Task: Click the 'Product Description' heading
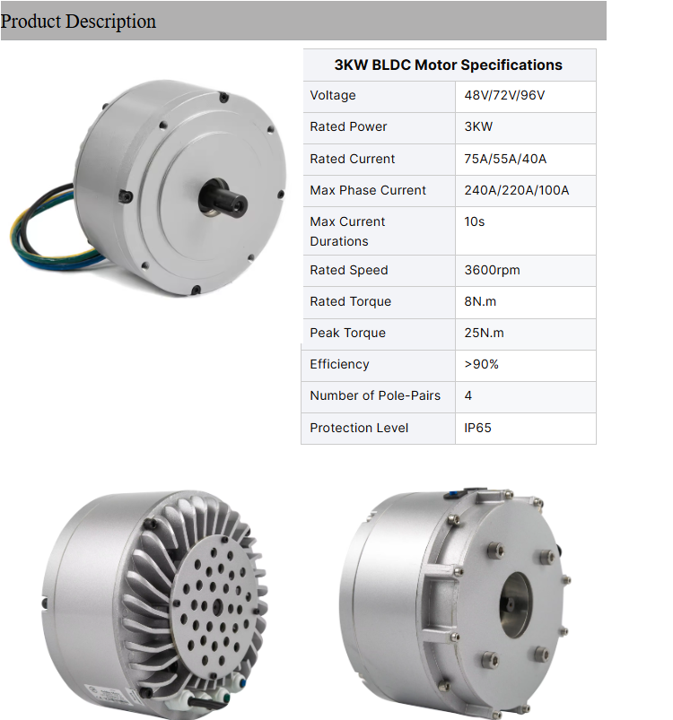point(79,21)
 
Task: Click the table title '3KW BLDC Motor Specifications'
point(448,65)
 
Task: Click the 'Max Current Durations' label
point(347,230)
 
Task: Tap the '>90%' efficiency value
point(481,364)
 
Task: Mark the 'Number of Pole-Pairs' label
point(375,395)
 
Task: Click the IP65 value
point(477,428)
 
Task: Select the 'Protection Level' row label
point(359,428)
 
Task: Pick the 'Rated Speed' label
point(349,270)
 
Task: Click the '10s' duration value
point(475,221)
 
